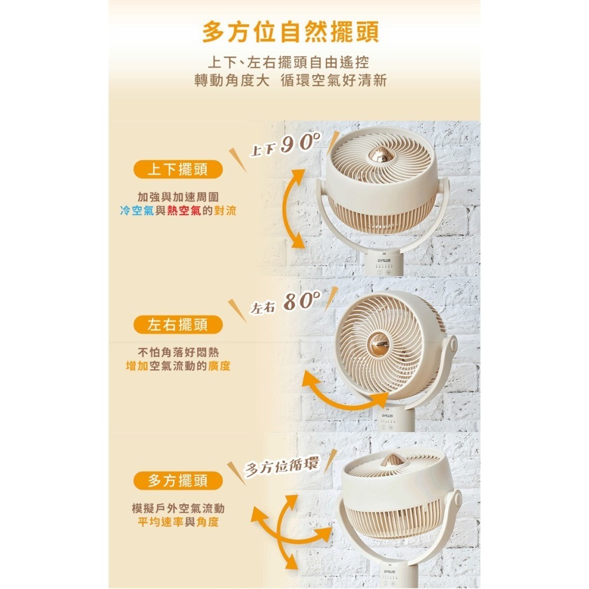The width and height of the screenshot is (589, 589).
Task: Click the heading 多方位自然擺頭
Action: point(290,32)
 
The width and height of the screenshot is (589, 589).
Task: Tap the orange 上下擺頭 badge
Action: point(178,170)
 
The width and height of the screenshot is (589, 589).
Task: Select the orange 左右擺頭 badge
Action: point(178,325)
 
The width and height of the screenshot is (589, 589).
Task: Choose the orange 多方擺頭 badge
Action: point(178,481)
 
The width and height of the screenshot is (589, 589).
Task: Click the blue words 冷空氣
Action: point(137,211)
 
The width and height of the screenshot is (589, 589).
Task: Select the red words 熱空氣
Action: point(184,211)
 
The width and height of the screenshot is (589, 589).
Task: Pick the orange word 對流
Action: point(225,211)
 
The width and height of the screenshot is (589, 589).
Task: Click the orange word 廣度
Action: point(219,366)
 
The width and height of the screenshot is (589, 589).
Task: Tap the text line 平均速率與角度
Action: point(178,522)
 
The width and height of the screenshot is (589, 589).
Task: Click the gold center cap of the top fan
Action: point(381,155)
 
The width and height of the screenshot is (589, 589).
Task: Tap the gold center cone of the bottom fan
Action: point(393,459)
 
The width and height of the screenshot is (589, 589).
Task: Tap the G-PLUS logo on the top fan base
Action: point(384,260)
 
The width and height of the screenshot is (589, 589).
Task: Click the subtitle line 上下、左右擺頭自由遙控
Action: point(290,62)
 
